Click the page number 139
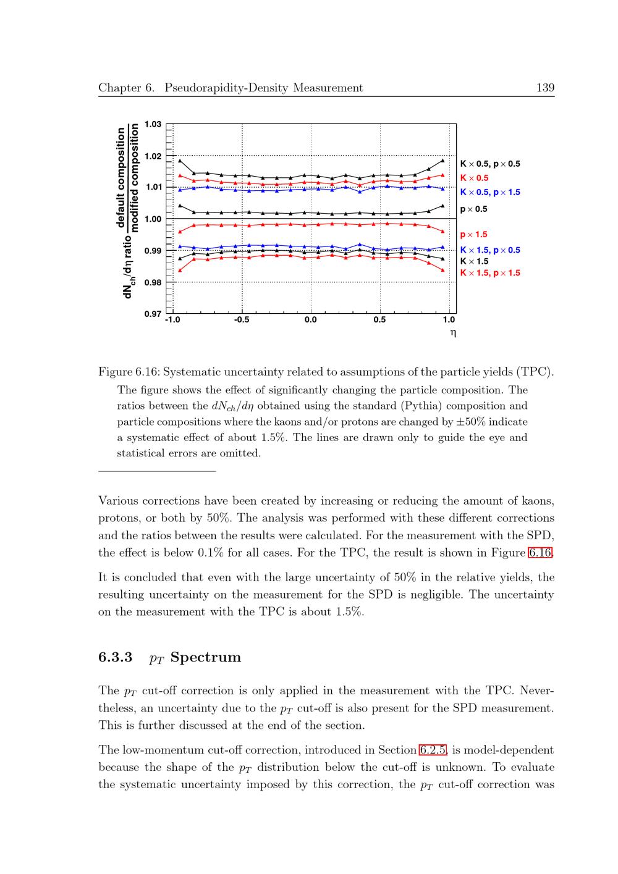545,88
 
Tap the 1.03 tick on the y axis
153,124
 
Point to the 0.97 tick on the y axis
153,314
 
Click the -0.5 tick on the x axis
242,320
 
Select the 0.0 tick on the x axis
310,320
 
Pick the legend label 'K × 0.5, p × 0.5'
490,164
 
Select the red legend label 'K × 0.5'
474,178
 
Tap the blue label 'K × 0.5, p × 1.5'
490,192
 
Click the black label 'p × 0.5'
473,209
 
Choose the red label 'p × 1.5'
473,235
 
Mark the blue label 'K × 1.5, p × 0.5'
490,250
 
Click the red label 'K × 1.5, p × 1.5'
490,273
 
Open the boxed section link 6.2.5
433,750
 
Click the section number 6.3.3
116,657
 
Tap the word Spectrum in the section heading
206,657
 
